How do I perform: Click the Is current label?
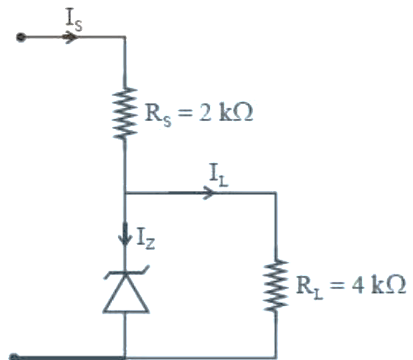click(74, 20)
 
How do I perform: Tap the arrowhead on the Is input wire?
click(70, 37)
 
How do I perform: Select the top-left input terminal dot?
click(21, 37)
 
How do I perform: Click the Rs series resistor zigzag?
click(125, 114)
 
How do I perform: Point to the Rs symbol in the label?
click(158, 115)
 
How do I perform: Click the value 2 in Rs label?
click(205, 113)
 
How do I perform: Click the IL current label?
click(218, 176)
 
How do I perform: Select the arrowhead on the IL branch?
click(209, 193)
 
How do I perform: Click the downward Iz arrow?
click(125, 235)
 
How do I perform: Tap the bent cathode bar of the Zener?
click(126, 272)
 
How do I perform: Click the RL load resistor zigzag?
click(276, 285)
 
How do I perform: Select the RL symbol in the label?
click(309, 288)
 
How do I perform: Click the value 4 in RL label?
click(357, 285)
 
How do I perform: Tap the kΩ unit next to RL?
click(389, 285)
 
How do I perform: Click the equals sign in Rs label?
click(184, 114)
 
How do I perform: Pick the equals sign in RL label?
click(336, 285)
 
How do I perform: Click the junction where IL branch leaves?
click(125, 193)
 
